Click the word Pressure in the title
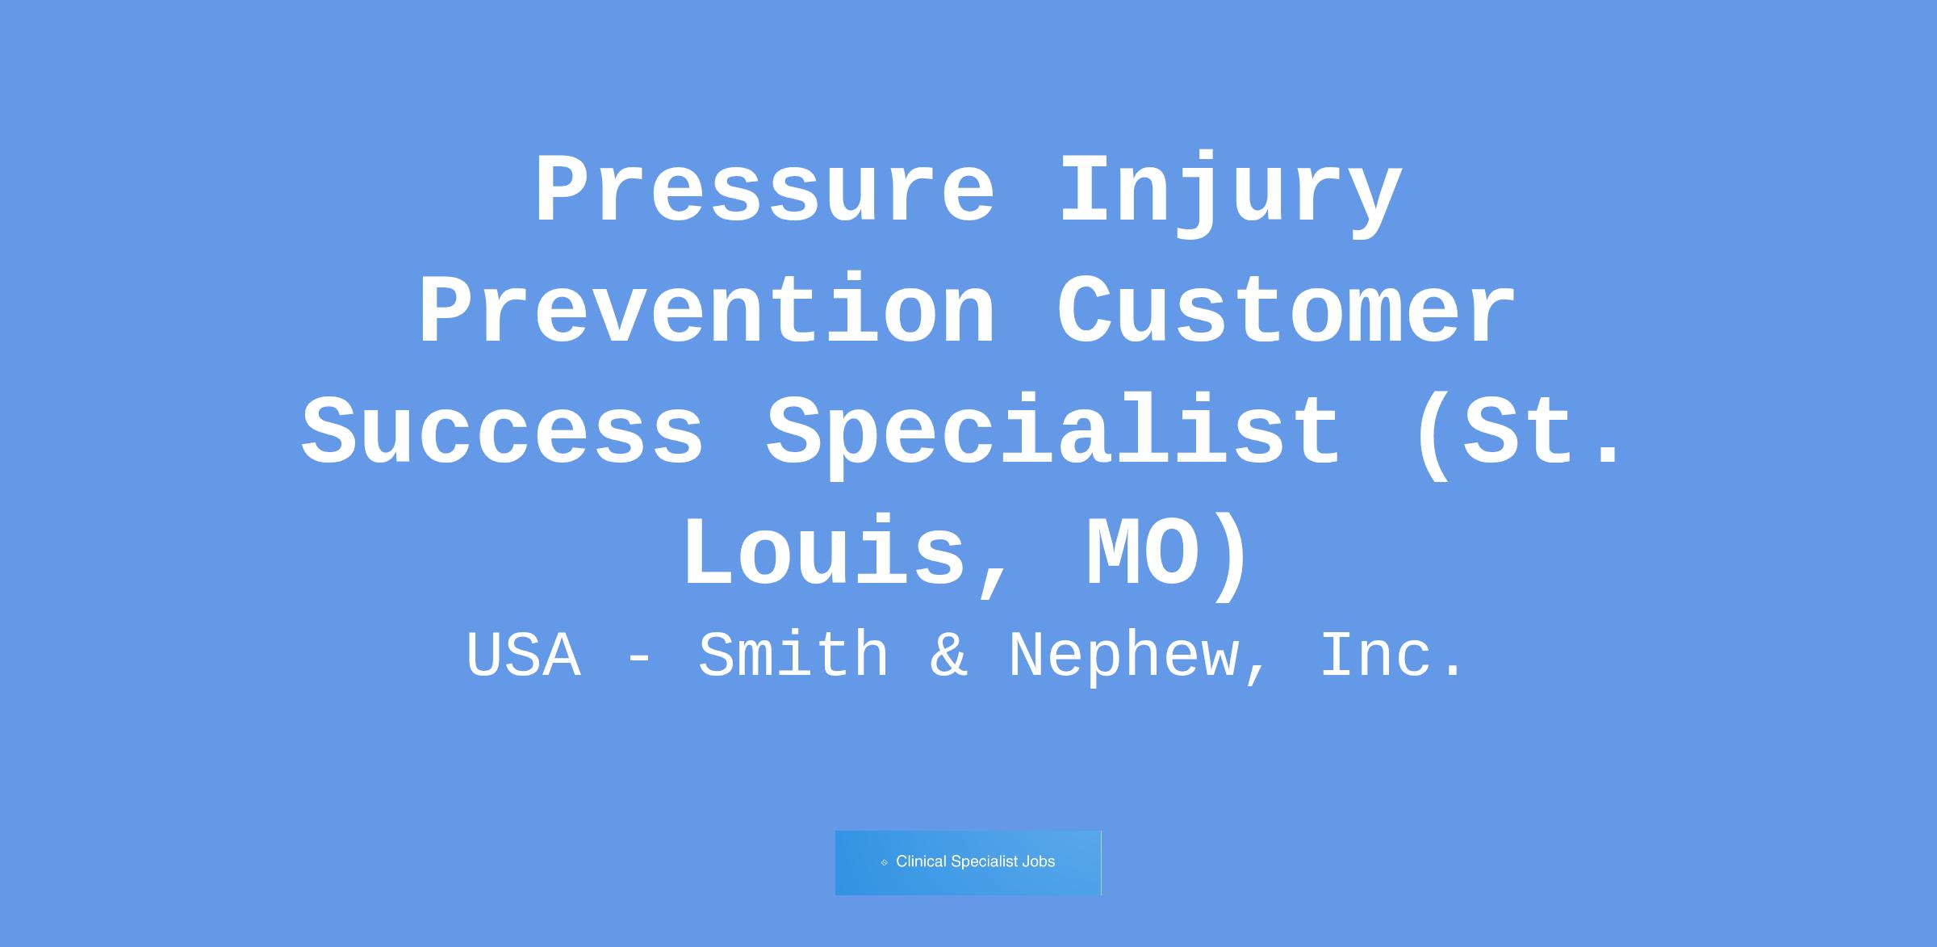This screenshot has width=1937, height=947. pos(764,190)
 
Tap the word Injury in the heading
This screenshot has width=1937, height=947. pos(1230,194)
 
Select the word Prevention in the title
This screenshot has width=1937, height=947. pos(707,311)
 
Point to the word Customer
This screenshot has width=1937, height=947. pos(1286,311)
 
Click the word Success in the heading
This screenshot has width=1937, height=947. pos(503,431)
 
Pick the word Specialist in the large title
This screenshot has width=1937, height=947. pos(1053,435)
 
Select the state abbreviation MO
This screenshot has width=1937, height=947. pos(1142,553)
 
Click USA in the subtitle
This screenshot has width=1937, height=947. pos(523,655)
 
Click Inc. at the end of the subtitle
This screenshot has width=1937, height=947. pos(1391,655)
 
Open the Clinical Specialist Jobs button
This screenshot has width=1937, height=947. pos(968,862)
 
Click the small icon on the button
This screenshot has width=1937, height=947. pos(885,862)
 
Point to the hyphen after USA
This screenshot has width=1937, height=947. pos(639,659)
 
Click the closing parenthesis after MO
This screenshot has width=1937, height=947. pos(1232,557)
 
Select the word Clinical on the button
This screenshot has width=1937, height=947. pos(922,861)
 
